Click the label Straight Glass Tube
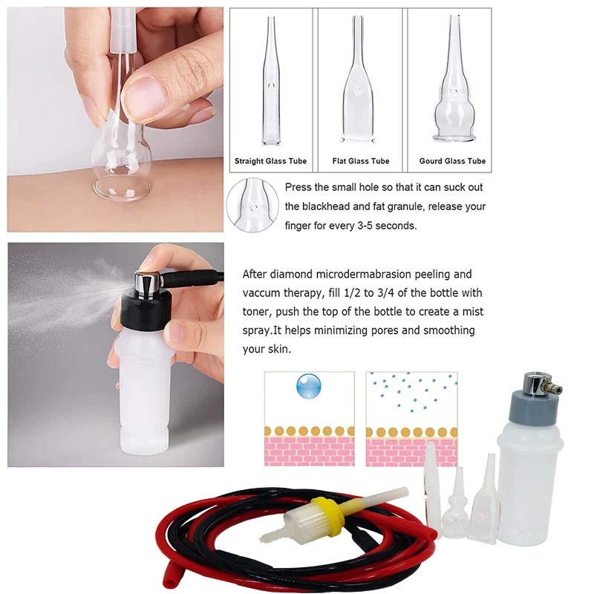(270, 161)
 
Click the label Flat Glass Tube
(360, 161)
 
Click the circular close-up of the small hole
(252, 204)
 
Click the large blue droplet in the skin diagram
(308, 386)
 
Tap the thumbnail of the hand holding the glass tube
(115, 119)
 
